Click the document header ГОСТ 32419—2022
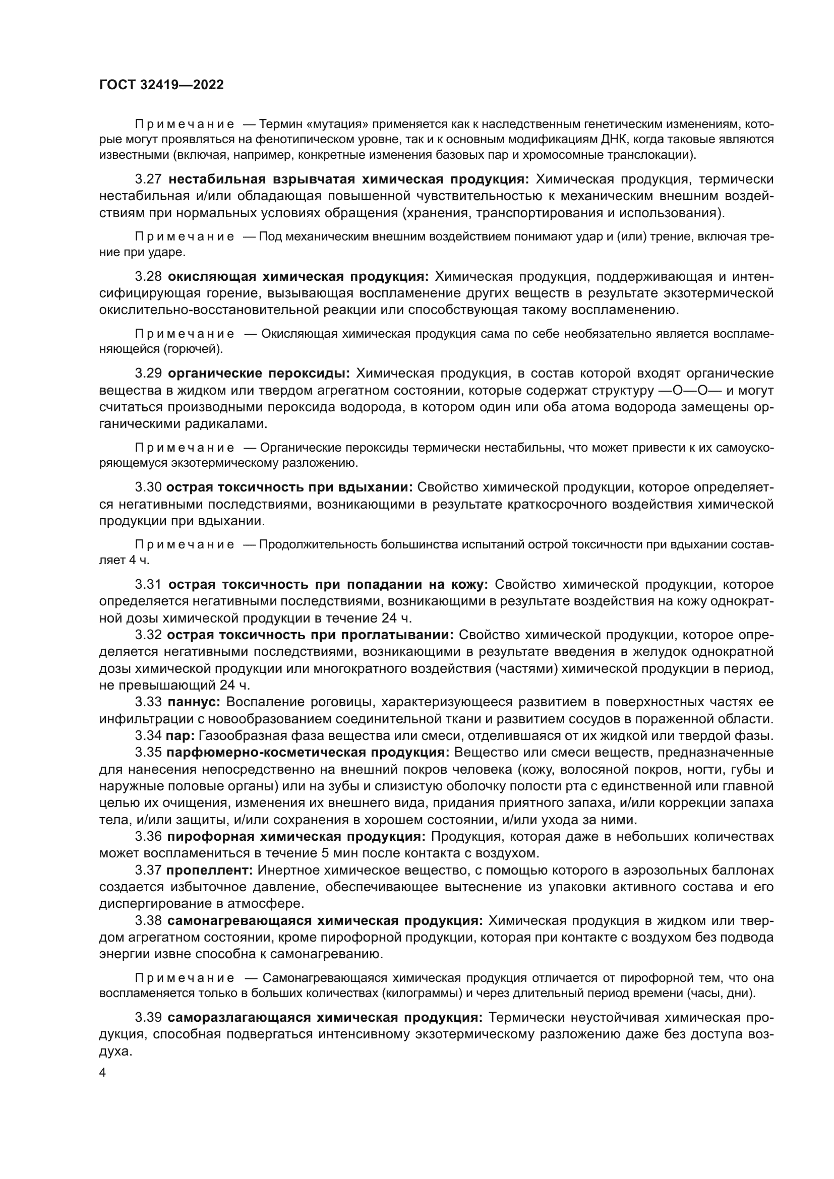click(x=161, y=85)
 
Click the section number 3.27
click(x=148, y=179)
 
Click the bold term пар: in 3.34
click(x=180, y=736)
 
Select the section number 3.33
click(x=148, y=702)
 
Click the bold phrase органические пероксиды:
click(x=259, y=374)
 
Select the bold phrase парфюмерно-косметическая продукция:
click(x=308, y=753)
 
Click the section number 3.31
click(x=148, y=584)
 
